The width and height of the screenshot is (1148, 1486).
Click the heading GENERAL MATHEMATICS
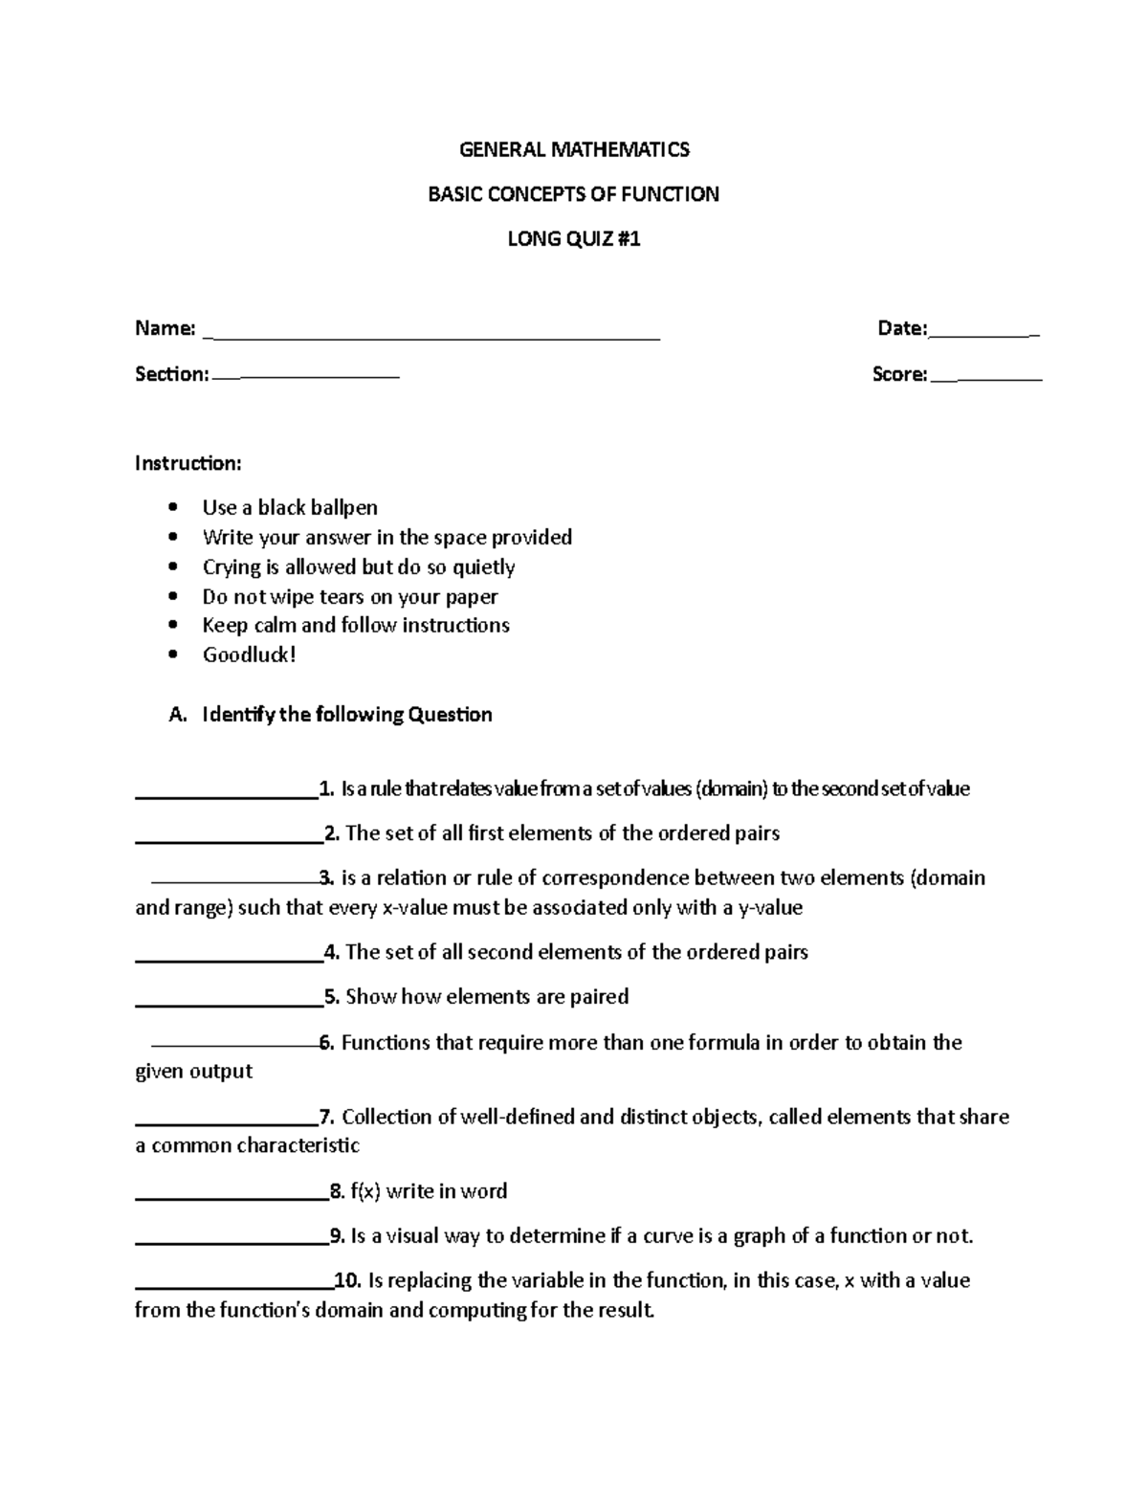(x=574, y=149)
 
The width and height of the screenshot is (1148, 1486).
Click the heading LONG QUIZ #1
(x=574, y=238)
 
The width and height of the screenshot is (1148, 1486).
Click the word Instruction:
(x=188, y=463)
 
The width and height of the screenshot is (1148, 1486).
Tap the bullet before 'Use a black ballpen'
(x=172, y=507)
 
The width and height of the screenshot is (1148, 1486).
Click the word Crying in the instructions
(x=232, y=566)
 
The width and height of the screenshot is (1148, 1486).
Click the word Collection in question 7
(x=386, y=1117)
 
